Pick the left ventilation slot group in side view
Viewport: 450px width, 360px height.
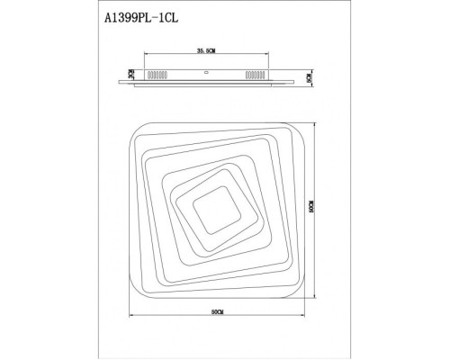click(x=155, y=76)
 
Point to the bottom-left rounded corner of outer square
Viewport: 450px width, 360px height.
click(x=138, y=283)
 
